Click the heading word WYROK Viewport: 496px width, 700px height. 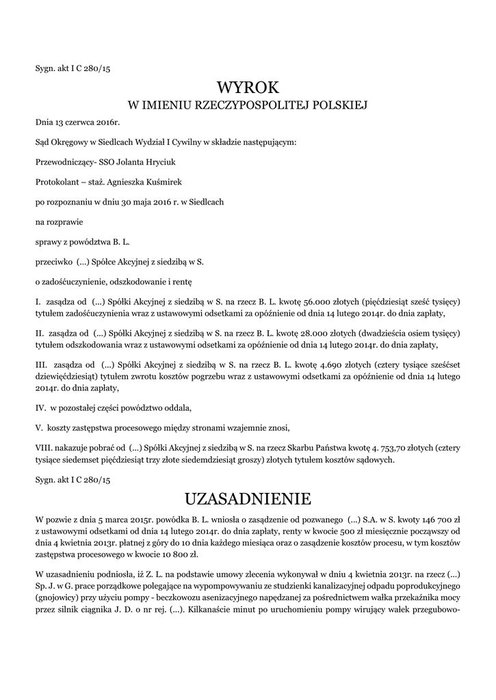coord(248,87)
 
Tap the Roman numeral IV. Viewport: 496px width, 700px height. coord(41,408)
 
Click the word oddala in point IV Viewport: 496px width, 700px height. coord(175,408)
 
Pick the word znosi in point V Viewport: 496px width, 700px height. coord(278,428)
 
